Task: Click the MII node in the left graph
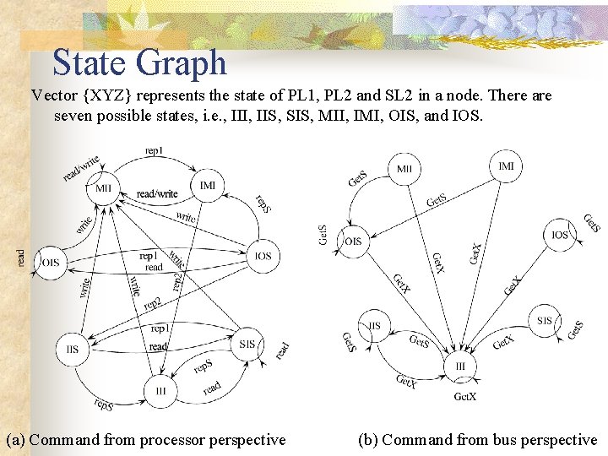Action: pos(103,188)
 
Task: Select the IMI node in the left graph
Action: pos(208,185)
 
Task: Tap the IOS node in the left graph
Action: pos(263,255)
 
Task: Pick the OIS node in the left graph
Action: pos(52,263)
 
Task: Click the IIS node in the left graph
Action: pos(73,349)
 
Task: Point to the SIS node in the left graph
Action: pos(247,344)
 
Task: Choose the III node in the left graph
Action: pos(160,390)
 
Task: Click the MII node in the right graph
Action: pos(404,169)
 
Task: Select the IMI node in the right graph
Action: pos(506,166)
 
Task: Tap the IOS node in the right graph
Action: pos(560,235)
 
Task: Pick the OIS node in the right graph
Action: pos(353,242)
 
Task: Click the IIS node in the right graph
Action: pos(374,325)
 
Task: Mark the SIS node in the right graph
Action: pos(545,321)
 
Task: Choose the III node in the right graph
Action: pos(460,366)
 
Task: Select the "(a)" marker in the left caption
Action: pos(16,439)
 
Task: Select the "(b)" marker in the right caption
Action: pos(367,439)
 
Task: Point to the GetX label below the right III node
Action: pos(465,396)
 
